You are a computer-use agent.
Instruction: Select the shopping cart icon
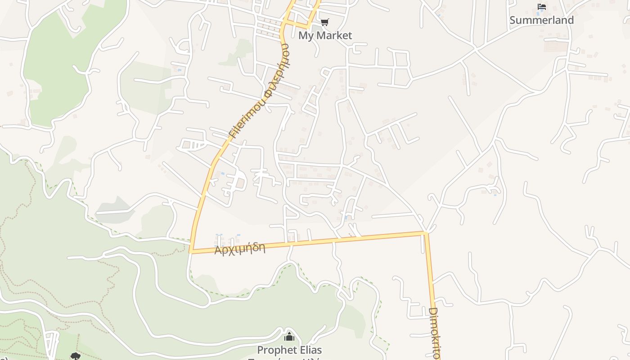point(324,22)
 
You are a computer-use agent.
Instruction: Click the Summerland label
point(541,20)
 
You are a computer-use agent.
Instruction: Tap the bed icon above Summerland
point(542,7)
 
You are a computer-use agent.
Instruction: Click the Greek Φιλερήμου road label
point(274,67)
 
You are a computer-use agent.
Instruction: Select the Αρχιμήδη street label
point(240,248)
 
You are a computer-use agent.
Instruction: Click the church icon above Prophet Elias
point(289,337)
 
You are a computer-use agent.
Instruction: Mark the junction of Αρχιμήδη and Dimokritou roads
point(425,233)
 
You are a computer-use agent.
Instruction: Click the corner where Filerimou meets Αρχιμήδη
point(191,252)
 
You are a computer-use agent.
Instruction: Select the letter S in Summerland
point(513,20)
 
